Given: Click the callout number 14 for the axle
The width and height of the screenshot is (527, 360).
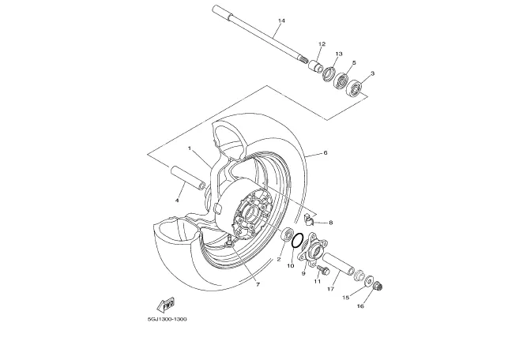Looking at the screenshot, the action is pos(281,21).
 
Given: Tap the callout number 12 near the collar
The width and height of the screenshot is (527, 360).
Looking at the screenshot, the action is pos(322,44).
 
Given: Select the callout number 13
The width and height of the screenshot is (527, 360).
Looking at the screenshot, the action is pos(338,54).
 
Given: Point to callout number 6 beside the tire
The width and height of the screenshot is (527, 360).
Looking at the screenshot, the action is pos(326,153).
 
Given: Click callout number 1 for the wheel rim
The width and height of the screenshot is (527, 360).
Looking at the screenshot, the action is pos(190,148).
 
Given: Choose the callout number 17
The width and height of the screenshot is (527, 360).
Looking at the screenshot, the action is pos(331,289).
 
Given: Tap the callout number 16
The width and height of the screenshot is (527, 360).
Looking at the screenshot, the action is pos(360,306).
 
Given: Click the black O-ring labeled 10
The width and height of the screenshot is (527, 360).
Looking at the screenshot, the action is pos(297,241).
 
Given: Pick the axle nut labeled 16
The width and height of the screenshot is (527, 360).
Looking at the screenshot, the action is pos(378,287).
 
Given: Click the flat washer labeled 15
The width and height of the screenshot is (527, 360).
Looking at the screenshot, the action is pos(370,280).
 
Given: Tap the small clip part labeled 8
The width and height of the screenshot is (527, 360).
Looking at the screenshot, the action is pos(309,219).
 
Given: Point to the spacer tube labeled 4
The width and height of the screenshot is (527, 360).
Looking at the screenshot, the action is pos(188,178).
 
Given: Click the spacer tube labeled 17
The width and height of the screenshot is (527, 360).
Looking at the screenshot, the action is pos(339,264).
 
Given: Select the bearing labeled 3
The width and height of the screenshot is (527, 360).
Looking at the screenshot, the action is pos(355,88).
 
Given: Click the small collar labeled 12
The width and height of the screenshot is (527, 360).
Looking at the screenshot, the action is pos(315,66).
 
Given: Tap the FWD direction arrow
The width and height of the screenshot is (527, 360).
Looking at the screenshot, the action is pos(166,305).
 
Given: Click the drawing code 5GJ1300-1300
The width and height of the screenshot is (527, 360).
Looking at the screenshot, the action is pos(167,319).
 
